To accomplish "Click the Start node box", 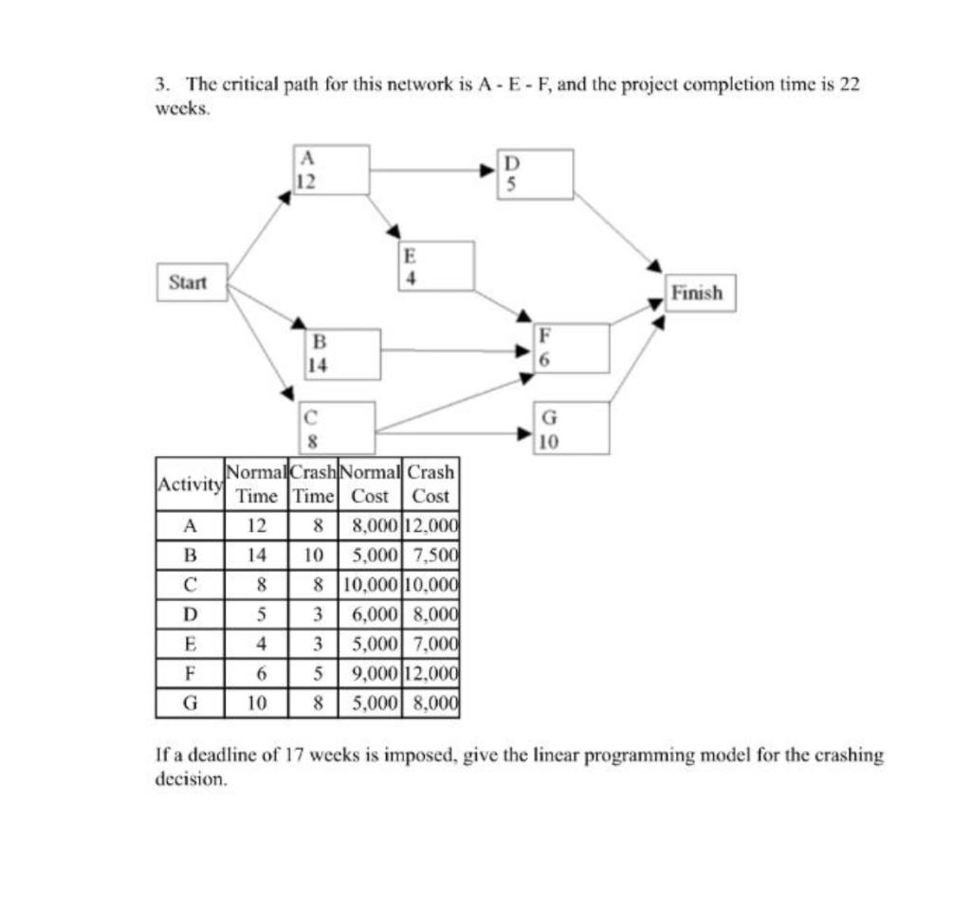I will click(192, 282).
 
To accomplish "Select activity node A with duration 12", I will click(331, 170).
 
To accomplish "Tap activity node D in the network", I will click(536, 174).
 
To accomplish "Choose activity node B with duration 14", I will click(342, 354).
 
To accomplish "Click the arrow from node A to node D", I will click(432, 171).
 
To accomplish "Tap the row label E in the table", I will click(189, 645).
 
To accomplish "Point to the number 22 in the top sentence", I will click(850, 83).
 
